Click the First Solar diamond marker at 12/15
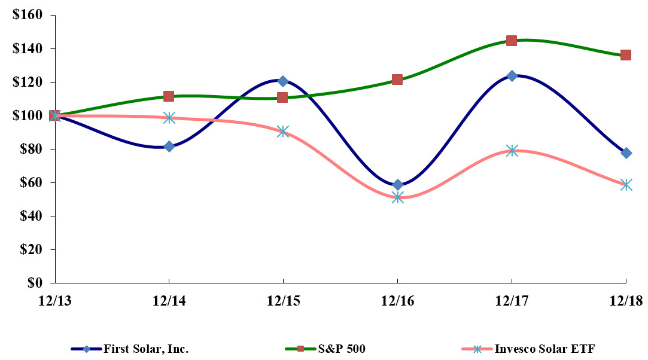click(x=283, y=81)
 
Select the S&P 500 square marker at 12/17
click(x=512, y=41)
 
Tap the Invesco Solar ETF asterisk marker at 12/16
click(x=398, y=197)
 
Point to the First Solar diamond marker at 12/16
click(x=398, y=185)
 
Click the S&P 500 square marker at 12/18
click(x=626, y=55)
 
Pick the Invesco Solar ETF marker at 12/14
click(x=169, y=118)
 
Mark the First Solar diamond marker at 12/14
click(x=169, y=147)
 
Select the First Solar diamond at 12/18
click(x=626, y=153)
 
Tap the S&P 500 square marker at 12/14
click(x=169, y=96)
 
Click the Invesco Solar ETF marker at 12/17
click(x=512, y=151)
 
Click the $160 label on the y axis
click(x=28, y=15)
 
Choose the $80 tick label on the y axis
click(x=31, y=149)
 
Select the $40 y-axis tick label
click(x=31, y=216)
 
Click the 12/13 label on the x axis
click(x=54, y=301)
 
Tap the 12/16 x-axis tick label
click(x=397, y=301)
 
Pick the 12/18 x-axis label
click(x=626, y=301)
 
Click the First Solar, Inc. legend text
click(x=146, y=349)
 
